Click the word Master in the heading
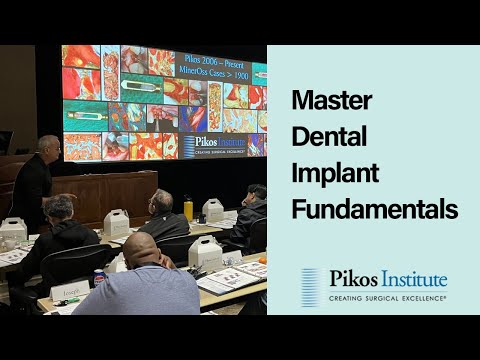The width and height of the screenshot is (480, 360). [x=324, y=100]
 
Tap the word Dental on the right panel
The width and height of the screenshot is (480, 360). [x=323, y=137]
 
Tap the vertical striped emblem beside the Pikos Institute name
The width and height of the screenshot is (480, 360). [x=311, y=285]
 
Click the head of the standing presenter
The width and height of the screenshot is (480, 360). [x=49, y=146]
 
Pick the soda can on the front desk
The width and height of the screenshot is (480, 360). [x=99, y=278]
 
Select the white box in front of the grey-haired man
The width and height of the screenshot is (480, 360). [x=116, y=222]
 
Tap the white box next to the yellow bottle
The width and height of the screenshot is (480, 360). [x=213, y=209]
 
